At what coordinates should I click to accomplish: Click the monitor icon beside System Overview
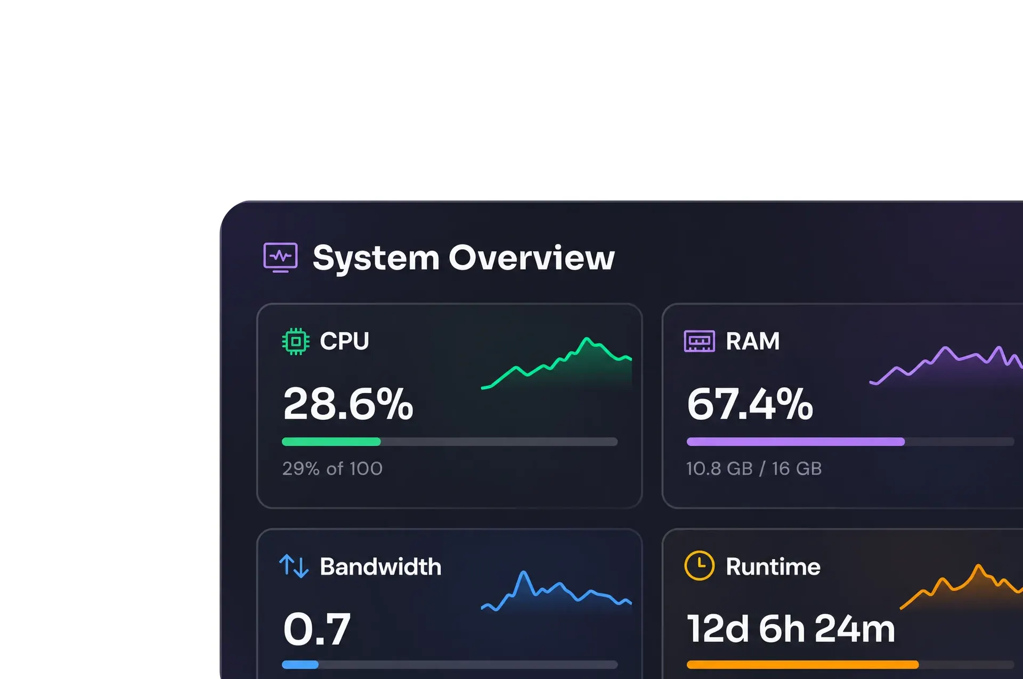click(x=280, y=258)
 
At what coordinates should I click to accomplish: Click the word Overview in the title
click(x=532, y=258)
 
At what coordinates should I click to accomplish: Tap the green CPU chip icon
click(x=296, y=341)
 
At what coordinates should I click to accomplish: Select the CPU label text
click(x=344, y=341)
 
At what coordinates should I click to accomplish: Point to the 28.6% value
click(x=348, y=404)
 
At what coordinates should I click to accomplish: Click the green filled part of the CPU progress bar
click(x=331, y=441)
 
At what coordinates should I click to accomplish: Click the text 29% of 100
click(x=332, y=469)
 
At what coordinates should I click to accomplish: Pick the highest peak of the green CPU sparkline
click(x=587, y=338)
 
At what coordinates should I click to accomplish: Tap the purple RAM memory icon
click(x=699, y=341)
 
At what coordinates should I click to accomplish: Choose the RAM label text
click(x=752, y=341)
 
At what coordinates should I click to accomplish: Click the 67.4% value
click(x=750, y=404)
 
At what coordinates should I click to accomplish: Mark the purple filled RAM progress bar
click(x=795, y=441)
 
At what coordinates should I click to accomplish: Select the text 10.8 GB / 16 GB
click(x=754, y=469)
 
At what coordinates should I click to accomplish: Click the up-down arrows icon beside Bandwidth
click(x=294, y=566)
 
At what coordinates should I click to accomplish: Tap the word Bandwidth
click(x=380, y=567)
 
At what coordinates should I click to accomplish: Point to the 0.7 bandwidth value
click(x=316, y=629)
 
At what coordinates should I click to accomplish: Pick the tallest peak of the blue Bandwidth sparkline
click(x=524, y=572)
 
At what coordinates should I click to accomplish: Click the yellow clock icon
click(x=699, y=566)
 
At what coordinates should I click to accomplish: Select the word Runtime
click(x=773, y=567)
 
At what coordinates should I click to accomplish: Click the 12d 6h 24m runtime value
click(x=791, y=629)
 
